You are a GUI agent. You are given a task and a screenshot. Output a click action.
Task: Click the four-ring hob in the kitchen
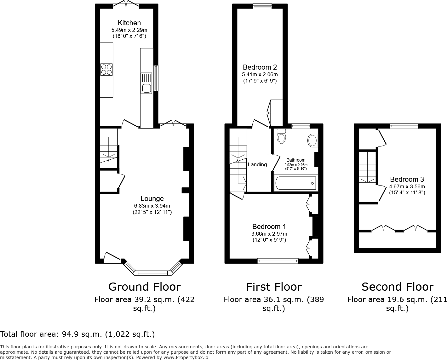point(106,70)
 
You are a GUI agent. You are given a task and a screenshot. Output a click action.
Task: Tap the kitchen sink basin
point(146,88)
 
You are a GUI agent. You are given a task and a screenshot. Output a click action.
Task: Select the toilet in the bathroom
point(281,136)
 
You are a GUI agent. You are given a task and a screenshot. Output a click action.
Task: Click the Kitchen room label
point(129,23)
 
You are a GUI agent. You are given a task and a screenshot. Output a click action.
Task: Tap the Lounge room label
point(152,198)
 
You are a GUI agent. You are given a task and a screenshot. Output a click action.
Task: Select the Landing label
point(257,164)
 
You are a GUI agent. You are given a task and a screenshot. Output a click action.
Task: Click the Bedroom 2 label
point(260,67)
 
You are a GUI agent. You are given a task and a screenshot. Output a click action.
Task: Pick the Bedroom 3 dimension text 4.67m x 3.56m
point(407,186)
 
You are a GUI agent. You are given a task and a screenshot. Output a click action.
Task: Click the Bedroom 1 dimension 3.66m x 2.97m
point(269,234)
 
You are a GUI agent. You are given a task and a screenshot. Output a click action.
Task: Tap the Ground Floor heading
point(144,287)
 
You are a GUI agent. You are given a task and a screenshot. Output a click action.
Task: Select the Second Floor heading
point(397,287)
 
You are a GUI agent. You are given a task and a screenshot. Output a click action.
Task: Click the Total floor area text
point(77,334)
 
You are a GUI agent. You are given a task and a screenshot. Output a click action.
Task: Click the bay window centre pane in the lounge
point(153,272)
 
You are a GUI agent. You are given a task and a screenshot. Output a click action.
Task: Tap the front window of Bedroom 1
point(278,260)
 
